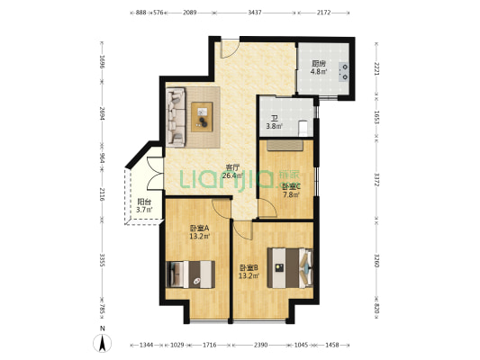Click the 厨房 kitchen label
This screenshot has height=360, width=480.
(x=318, y=64)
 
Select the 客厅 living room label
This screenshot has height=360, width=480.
(x=231, y=167)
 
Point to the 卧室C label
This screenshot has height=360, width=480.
(x=291, y=186)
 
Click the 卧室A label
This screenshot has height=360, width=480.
(x=199, y=229)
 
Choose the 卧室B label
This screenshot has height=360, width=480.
(x=248, y=267)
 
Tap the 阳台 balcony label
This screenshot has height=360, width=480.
(x=144, y=202)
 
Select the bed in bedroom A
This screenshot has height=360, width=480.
(x=191, y=272)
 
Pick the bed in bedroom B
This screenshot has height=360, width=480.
(x=294, y=264)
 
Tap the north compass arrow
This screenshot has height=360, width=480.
(x=103, y=343)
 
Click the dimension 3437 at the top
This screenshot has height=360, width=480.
(x=255, y=13)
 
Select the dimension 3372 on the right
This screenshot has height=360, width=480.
(x=376, y=180)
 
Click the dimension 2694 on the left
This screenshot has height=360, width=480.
(x=103, y=115)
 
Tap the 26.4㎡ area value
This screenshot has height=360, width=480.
(x=232, y=176)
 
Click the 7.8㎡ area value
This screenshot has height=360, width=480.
(x=290, y=194)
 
